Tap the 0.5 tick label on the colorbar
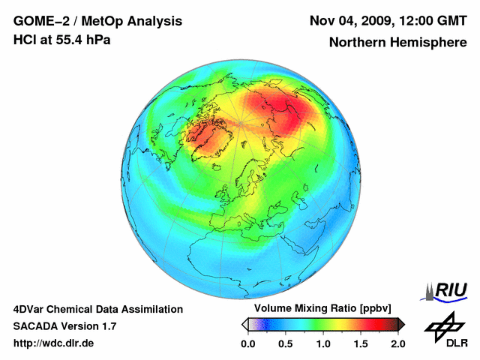pos(286,343)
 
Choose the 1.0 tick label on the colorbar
pos(323,343)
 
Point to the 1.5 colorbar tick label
pos(361,343)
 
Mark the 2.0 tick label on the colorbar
pos(398,343)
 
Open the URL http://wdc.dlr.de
pos(54,343)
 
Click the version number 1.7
pos(109,326)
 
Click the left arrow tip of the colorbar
pos(244,324)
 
